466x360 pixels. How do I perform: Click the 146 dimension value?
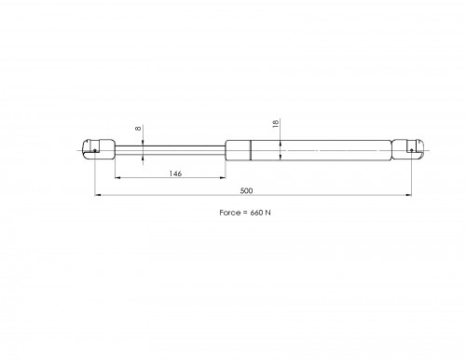coord(175,173)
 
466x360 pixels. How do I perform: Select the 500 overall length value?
coord(246,190)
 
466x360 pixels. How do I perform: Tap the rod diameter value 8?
coord(138,129)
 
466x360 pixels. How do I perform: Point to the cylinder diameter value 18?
coord(275,123)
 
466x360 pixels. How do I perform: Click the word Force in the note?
coord(230,213)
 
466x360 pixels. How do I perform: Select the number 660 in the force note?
coord(256,213)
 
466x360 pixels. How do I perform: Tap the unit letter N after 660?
coord(267,213)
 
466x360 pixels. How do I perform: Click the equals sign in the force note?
coord(245,213)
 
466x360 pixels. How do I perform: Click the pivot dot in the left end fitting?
coord(95,151)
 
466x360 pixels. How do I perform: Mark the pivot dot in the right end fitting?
coord(411,150)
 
